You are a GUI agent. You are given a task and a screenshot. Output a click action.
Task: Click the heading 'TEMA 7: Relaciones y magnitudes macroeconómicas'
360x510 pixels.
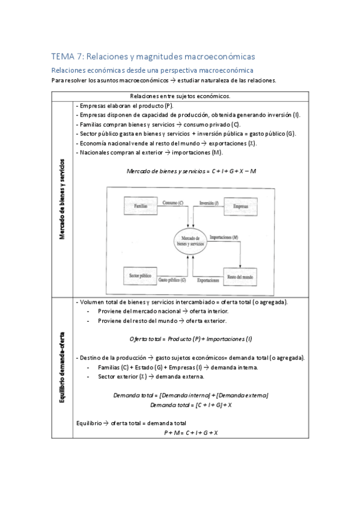[153, 57]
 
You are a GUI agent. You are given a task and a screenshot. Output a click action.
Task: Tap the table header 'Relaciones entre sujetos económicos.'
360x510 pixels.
[180, 96]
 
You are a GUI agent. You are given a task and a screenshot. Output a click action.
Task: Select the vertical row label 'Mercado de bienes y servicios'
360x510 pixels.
[63, 198]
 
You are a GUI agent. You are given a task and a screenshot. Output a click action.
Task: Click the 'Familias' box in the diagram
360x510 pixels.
[141, 206]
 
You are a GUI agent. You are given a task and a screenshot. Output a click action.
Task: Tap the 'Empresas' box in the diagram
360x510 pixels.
[240, 206]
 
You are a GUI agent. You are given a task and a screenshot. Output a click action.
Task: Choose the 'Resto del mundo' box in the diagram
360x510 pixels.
[240, 276]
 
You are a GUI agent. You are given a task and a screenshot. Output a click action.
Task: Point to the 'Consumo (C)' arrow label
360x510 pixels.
[173, 204]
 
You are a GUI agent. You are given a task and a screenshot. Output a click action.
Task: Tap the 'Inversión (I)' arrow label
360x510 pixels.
[209, 204]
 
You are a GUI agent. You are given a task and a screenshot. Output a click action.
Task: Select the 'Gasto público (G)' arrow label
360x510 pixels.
[172, 280]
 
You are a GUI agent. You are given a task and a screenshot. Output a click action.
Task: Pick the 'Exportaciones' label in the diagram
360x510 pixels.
[207, 280]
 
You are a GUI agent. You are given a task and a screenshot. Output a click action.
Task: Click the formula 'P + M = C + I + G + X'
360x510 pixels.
[191, 432]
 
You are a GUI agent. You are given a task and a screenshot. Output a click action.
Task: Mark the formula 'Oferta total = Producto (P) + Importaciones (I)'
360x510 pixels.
[191, 339]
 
